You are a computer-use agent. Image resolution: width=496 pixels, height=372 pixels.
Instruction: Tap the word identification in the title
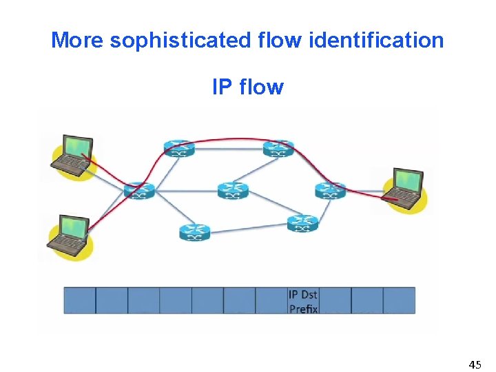(x=377, y=41)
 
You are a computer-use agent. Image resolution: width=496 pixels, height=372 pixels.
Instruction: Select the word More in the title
(x=78, y=41)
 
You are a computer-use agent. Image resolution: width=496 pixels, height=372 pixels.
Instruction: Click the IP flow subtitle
(x=247, y=87)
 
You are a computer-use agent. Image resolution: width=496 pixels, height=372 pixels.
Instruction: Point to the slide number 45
(x=475, y=363)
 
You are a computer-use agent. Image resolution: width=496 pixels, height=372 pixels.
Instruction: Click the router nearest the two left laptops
(x=138, y=190)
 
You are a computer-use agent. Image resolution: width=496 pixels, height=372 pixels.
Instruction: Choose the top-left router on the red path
(x=179, y=147)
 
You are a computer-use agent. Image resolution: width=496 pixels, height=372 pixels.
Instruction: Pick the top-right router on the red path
(x=278, y=147)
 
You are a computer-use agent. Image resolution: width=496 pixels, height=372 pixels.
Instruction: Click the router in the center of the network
(x=232, y=190)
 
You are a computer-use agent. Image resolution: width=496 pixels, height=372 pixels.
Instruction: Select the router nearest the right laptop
(x=330, y=190)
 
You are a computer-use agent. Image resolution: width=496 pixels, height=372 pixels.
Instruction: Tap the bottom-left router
(x=194, y=233)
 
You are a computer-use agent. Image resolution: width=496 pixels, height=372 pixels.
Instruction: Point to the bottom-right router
(x=302, y=223)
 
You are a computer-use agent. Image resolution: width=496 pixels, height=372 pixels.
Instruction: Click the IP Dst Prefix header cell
(x=303, y=301)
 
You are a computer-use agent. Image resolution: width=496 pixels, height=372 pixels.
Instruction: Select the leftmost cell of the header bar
(x=79, y=301)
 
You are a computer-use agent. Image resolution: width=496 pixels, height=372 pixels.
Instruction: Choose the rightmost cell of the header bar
(x=399, y=301)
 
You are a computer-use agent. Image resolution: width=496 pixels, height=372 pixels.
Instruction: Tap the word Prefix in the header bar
(x=303, y=309)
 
